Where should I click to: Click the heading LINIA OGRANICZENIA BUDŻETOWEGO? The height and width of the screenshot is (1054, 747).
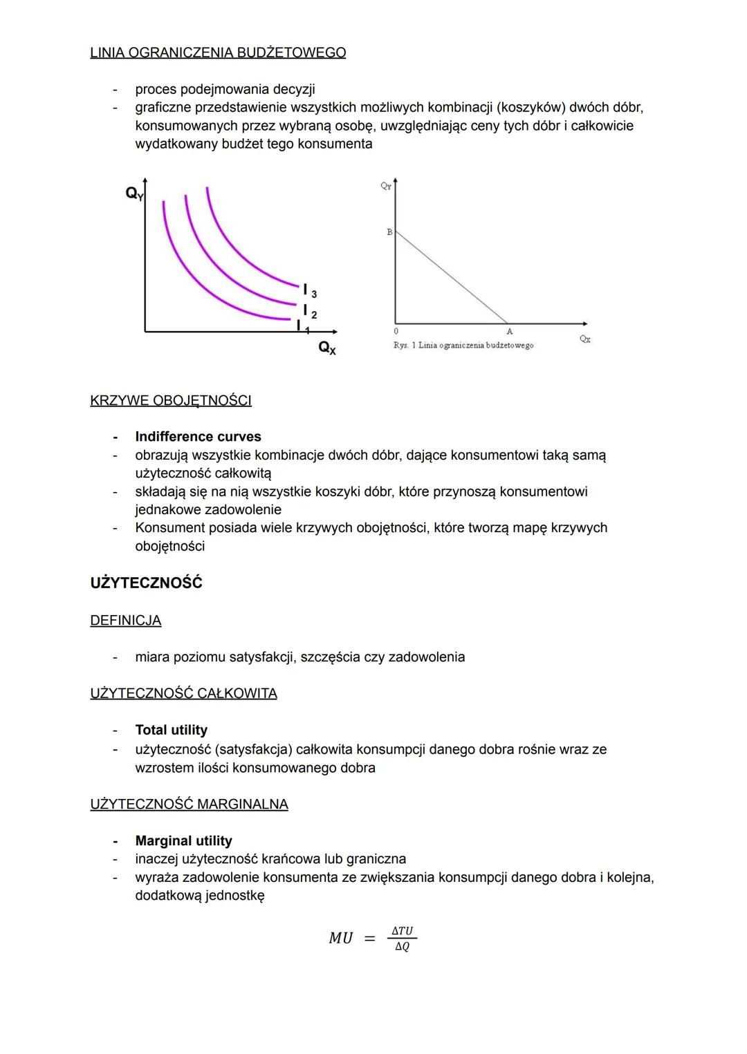(218, 53)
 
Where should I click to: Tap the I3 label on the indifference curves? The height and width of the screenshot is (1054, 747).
(308, 290)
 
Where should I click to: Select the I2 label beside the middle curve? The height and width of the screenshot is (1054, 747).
(308, 312)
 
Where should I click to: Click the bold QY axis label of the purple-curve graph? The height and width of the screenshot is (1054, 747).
(134, 194)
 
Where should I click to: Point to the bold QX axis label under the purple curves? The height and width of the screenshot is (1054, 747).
(327, 348)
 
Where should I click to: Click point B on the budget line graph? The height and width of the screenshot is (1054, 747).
(389, 232)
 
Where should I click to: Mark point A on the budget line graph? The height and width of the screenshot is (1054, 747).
(509, 331)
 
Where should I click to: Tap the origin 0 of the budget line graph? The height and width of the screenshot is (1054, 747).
(396, 331)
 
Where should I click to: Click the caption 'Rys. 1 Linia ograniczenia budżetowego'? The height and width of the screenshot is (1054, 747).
(463, 345)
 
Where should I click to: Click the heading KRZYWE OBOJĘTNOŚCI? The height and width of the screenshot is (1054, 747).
(171, 400)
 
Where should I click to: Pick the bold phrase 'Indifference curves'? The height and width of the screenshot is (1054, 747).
(198, 437)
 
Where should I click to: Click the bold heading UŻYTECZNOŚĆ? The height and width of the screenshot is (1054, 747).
(146, 583)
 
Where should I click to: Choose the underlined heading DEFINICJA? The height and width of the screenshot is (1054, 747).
(125, 621)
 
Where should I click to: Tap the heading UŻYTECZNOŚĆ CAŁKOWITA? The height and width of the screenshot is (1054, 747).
(183, 693)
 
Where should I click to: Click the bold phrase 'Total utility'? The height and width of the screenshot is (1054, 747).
(171, 730)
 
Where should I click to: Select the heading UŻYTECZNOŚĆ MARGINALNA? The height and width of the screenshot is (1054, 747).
(189, 804)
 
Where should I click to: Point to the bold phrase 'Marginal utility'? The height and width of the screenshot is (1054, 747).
(183, 840)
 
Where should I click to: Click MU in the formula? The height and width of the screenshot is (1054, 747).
(340, 938)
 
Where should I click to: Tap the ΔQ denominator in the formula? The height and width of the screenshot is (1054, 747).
(402, 947)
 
